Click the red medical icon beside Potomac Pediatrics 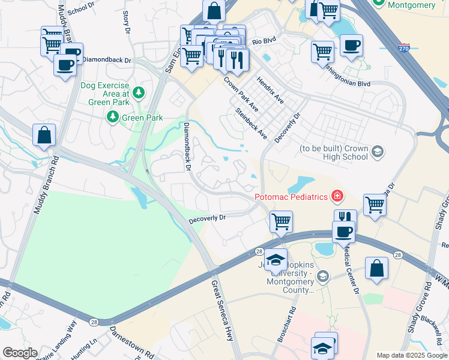337,196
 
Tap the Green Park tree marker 112,117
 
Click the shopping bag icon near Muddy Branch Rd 44,135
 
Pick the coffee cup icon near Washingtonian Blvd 351,45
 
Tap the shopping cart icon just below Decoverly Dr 281,222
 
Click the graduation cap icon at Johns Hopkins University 276,260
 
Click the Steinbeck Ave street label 251,123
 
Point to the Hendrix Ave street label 270,89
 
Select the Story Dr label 126,20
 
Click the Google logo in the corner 20,353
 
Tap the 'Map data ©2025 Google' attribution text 412,355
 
